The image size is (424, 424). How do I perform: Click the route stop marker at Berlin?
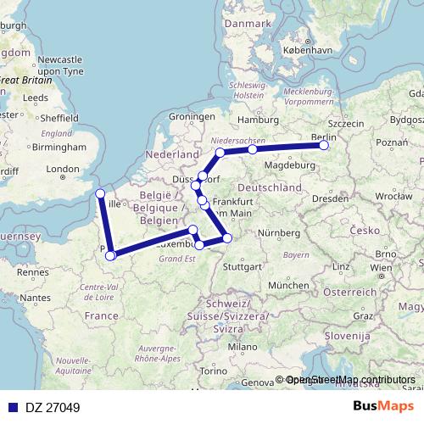324,145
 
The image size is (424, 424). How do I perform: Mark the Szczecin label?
344,124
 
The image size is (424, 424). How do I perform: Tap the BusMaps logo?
383,406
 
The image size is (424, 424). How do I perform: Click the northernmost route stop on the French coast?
100,193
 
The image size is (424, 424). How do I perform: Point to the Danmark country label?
247,25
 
